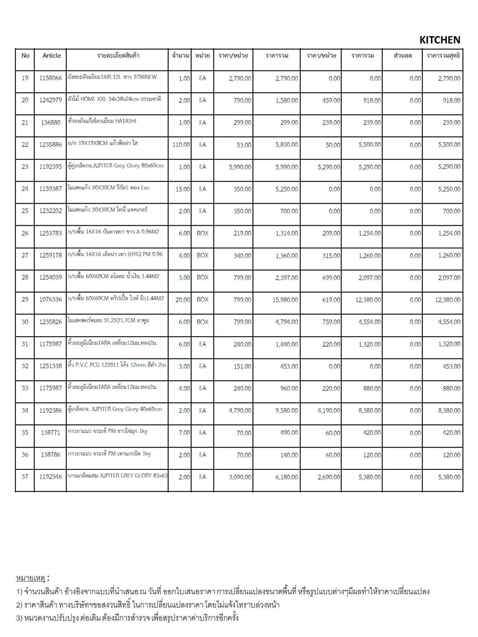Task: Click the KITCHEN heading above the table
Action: tap(439, 40)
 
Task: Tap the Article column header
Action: tap(52, 56)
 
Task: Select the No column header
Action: tap(25, 56)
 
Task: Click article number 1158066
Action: tap(50, 78)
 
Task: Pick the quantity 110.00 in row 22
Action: tap(181, 145)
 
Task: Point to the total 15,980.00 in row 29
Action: tap(285, 300)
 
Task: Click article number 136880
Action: tap(50, 123)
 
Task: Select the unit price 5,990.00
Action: tap(240, 167)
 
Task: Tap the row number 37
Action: tap(25, 477)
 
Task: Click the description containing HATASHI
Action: tap(102, 121)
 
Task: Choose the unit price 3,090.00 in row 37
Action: tap(240, 477)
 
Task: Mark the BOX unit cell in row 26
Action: tap(203, 233)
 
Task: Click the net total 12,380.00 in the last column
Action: tap(448, 300)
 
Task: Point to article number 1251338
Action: tap(50, 366)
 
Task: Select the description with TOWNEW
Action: tap(112, 77)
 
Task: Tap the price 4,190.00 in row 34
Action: tap(329, 411)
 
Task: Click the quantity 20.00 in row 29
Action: tap(183, 300)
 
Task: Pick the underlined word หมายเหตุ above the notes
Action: tap(31, 579)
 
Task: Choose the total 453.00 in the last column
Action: tap(451, 366)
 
